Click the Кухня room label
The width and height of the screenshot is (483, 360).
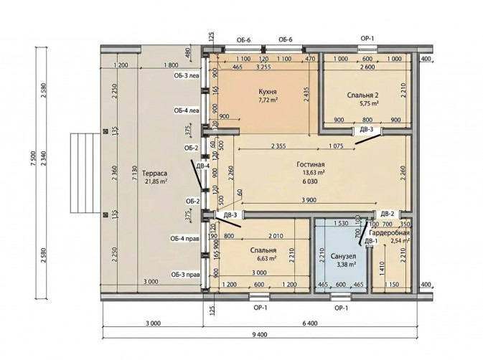(x=268, y=92)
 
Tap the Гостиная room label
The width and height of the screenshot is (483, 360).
(x=311, y=165)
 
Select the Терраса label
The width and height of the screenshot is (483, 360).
(x=154, y=174)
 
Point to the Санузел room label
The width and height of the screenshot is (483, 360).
(x=344, y=256)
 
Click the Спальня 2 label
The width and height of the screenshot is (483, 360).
(x=362, y=95)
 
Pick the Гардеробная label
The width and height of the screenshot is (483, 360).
(x=389, y=233)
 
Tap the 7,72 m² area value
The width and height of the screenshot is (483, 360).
(x=268, y=100)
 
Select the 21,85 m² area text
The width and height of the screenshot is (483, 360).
(x=156, y=181)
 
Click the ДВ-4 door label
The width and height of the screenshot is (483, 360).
(x=203, y=166)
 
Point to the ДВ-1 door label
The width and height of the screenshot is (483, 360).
(x=371, y=241)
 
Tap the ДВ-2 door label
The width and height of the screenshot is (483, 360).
(x=388, y=214)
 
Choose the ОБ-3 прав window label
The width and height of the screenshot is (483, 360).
(x=185, y=275)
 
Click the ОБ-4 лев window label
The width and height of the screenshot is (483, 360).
(x=187, y=110)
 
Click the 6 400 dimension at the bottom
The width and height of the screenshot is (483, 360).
(x=310, y=323)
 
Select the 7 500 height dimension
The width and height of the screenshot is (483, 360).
(x=33, y=158)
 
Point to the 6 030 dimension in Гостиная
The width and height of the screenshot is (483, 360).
(x=310, y=181)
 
